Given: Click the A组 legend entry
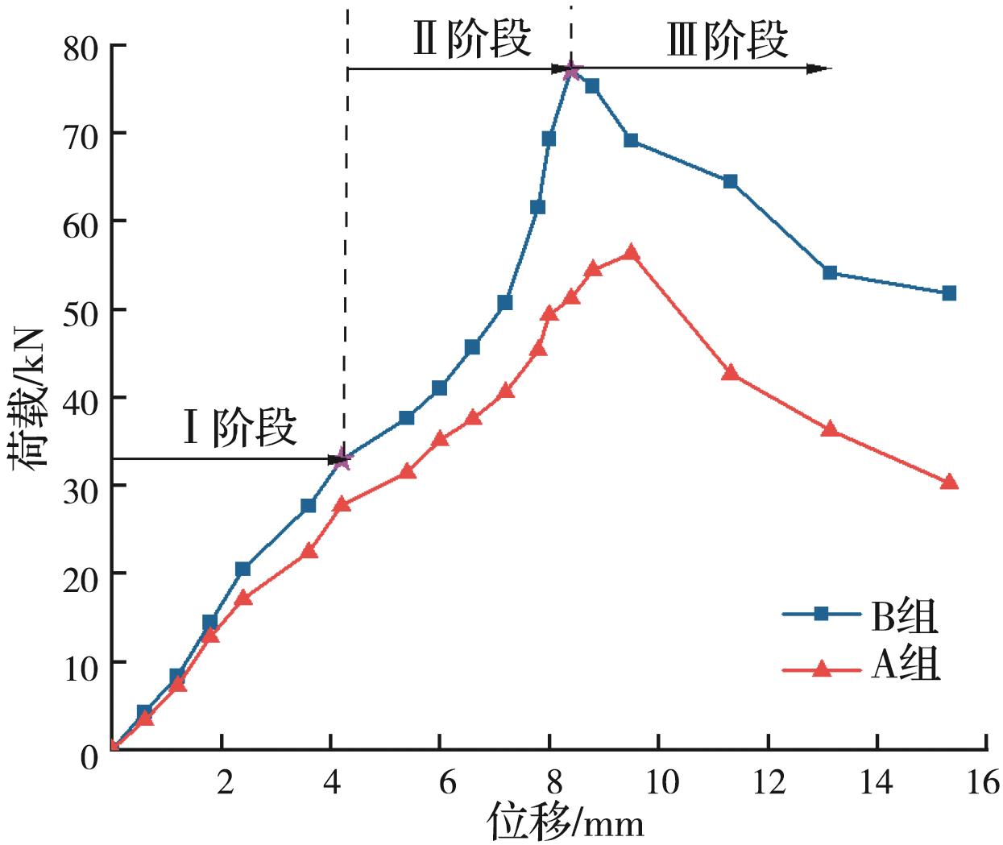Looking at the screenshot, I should pos(862,668).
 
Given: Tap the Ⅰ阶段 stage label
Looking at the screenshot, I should pos(240,429).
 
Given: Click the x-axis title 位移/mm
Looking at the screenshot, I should pos(565,822).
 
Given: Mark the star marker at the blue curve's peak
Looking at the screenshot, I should pos(571,71).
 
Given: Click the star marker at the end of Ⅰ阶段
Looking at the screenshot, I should pos(342,459).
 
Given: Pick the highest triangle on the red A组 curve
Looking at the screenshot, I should pos(631,253).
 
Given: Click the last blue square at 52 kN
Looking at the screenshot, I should pos(948,293).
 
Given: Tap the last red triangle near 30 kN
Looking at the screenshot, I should pos(948,482).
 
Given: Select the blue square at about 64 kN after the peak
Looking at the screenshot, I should pos(730,181).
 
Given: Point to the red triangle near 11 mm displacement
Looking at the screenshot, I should pos(730,372).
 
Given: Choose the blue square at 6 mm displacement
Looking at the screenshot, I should pos(439,388).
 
